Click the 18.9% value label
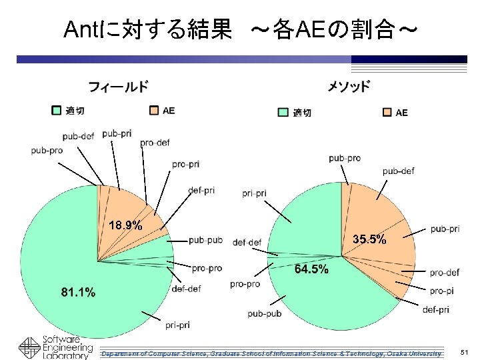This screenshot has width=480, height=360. point(125,225)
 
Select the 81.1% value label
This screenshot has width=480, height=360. point(78,292)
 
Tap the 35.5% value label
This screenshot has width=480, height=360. point(369,239)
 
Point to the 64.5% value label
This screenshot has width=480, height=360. point(311,269)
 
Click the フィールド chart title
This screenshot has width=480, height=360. point(119,87)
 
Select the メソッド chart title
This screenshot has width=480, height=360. point(348,87)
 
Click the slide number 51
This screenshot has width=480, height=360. point(464,351)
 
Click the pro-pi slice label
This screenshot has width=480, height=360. point(441,291)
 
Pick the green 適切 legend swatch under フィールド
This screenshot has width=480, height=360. point(57,110)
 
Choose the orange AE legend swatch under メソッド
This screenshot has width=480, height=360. point(387,112)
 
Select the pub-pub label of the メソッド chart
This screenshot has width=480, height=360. point(264,313)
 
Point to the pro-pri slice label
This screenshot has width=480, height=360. point(185,164)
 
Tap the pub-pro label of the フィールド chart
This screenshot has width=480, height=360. point(47,150)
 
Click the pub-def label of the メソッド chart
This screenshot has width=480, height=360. point(398,171)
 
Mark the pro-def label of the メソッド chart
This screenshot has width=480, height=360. point(444,272)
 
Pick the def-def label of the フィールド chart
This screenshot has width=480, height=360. point(186,289)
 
